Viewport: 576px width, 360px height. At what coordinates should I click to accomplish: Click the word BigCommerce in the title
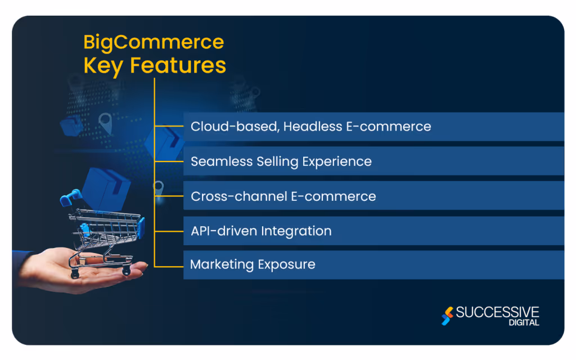point(154,43)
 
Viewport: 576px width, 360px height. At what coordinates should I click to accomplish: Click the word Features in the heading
point(178,65)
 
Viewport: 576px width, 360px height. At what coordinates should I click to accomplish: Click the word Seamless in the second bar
point(215,161)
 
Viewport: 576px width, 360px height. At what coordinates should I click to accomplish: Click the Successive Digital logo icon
point(447,316)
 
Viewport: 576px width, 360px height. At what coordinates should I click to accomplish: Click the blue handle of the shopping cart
point(70,196)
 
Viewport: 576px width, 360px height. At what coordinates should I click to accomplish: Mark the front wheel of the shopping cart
point(125,272)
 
